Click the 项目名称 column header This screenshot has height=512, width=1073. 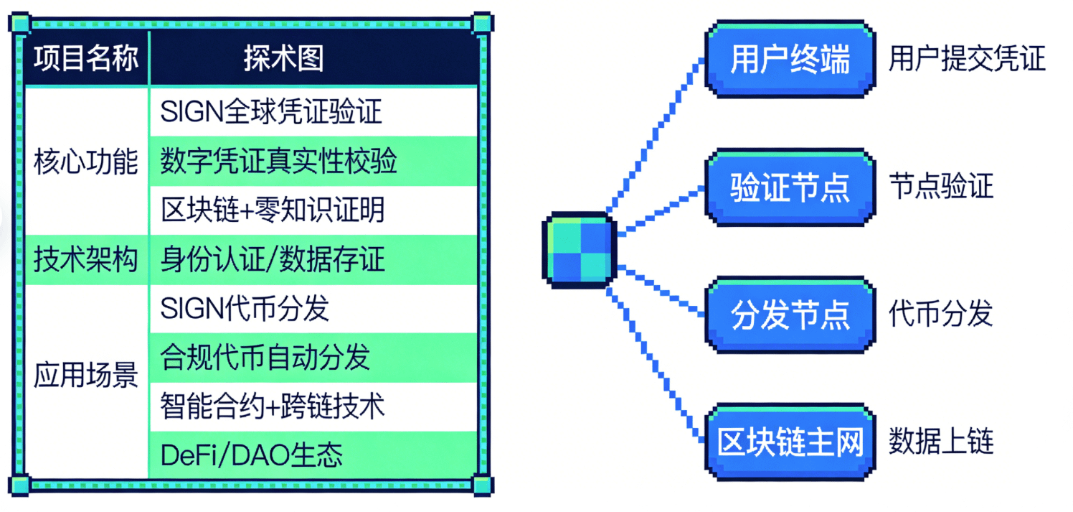coord(86,59)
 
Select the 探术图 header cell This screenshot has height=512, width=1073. coord(283,59)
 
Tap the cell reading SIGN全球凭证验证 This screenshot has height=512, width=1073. coord(271,111)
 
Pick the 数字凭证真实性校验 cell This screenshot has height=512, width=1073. coord(279,161)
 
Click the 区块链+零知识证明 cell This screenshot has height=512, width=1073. coord(273,210)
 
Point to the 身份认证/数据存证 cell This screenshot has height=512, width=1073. coord(273,259)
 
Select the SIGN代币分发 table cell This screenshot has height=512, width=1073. coord(245,308)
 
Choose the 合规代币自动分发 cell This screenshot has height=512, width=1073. coord(265,357)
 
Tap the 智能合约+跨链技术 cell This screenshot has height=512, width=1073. coord(273,406)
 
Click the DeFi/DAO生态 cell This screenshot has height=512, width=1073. coord(252,455)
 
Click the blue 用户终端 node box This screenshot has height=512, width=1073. coord(790,60)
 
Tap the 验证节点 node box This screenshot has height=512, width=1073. coord(790,187)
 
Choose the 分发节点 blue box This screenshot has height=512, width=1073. coord(790,315)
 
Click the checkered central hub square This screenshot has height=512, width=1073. coord(579,249)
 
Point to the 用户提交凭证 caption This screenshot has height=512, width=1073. coord(967,60)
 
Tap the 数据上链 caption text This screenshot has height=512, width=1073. coord(941,442)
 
